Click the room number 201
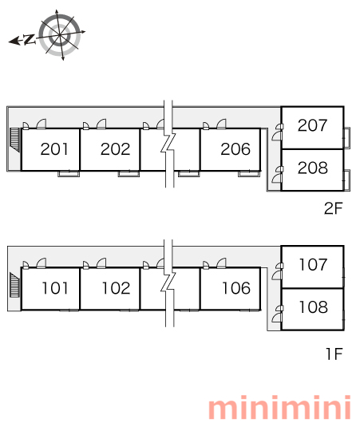point(54,149)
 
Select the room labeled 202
point(115,149)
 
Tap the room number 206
point(235,149)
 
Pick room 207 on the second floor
point(312,125)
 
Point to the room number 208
point(312,168)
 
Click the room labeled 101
point(55,288)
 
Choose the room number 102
point(116,288)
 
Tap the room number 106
point(236,288)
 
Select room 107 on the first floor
point(313,264)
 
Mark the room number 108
point(314,306)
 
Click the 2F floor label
point(334,208)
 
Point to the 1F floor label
point(334,354)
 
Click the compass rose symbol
point(60,35)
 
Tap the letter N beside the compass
point(30,40)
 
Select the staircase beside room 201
point(15,140)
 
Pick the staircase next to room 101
point(15,285)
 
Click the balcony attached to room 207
point(347,137)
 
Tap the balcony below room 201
point(69,174)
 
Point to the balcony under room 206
point(249,174)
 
